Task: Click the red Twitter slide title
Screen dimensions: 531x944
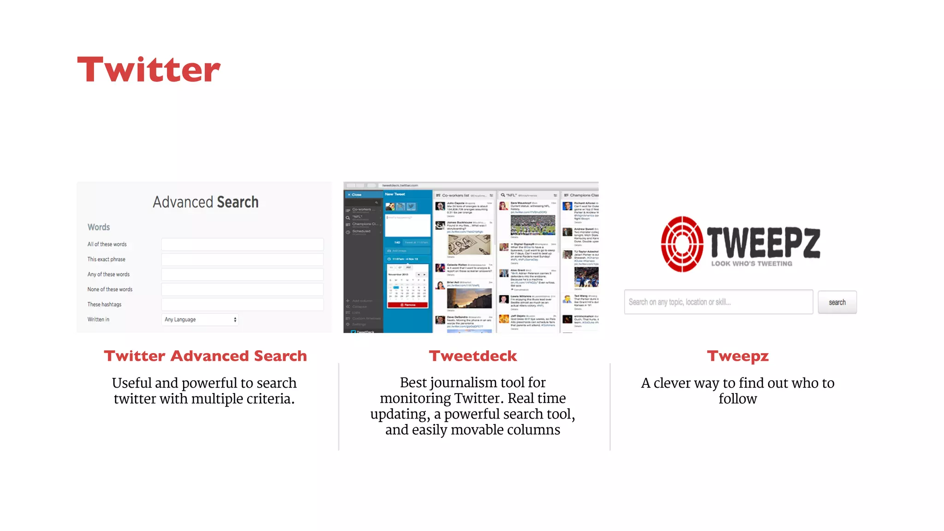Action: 149,70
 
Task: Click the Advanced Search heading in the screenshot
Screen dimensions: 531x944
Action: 206,202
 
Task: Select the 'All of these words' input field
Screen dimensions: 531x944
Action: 242,244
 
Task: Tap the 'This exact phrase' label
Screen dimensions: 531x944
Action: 106,260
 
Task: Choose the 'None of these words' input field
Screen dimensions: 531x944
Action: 242,289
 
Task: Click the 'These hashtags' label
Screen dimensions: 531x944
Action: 105,305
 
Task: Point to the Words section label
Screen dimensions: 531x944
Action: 99,227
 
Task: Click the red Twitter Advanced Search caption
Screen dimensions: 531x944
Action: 205,356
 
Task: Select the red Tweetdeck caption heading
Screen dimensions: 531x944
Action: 473,356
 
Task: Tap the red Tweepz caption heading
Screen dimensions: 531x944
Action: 737,356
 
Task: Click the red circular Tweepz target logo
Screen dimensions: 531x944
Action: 682,244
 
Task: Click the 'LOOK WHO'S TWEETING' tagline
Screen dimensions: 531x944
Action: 751,264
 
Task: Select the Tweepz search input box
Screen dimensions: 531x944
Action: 718,302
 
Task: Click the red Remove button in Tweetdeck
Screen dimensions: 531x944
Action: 408,305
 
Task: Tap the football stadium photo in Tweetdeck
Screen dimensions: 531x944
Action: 533,225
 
